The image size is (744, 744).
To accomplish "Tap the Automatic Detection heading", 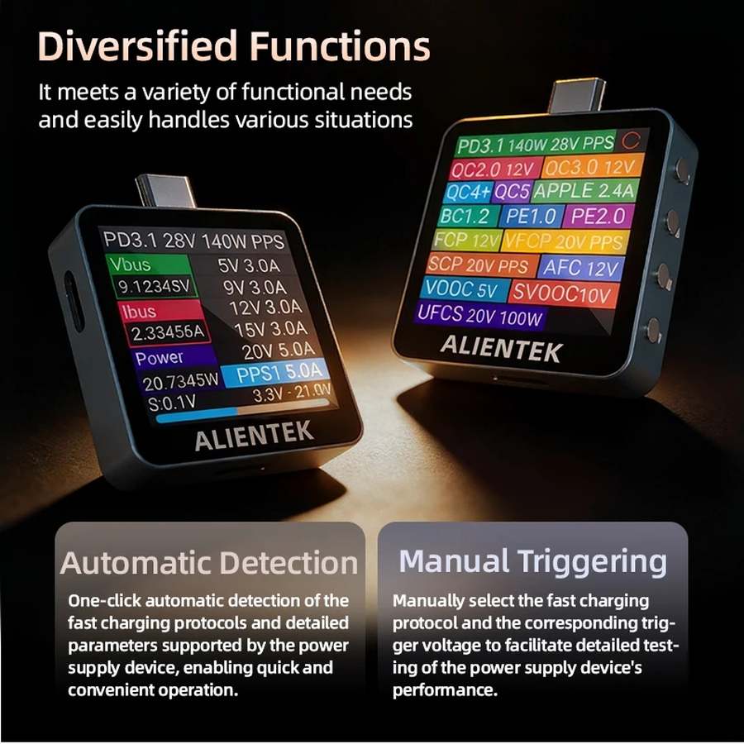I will [208, 563].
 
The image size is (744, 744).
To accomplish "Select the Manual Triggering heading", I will [532, 561].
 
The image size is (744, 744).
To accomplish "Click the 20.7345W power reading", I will [180, 382].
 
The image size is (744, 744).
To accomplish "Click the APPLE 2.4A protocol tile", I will [584, 191].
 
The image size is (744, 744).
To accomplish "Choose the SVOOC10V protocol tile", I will [562, 293].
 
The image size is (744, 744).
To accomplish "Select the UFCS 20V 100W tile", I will [480, 315].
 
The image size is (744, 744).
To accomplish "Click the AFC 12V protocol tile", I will [581, 268].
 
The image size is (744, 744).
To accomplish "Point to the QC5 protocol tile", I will [512, 192].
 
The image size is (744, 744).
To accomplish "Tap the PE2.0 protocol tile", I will [599, 217].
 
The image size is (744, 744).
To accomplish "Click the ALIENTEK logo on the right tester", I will [501, 347].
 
